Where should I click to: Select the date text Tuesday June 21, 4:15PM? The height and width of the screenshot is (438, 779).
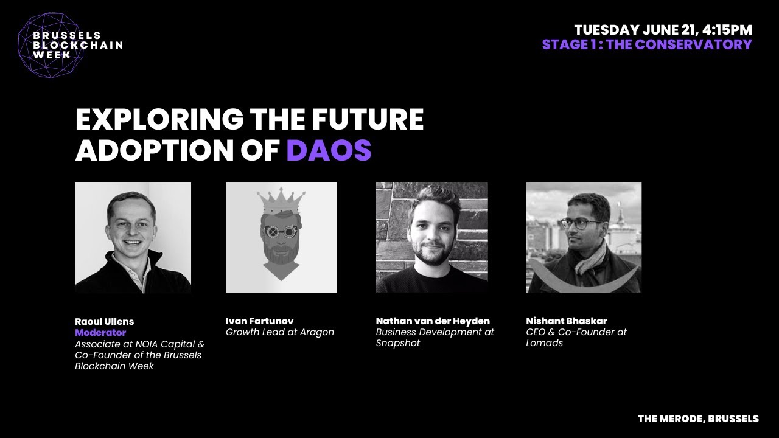pyautogui.click(x=663, y=30)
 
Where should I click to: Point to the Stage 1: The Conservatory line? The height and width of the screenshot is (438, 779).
pyautogui.click(x=647, y=44)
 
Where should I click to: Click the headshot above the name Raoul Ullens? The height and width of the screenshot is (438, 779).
pyautogui.click(x=133, y=237)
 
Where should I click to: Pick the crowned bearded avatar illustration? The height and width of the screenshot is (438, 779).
pyautogui.click(x=281, y=237)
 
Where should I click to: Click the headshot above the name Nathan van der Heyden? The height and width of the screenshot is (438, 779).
pyautogui.click(x=431, y=237)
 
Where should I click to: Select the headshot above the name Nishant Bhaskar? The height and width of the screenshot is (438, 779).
pyautogui.click(x=584, y=237)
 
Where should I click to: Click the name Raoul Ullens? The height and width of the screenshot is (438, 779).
pyautogui.click(x=104, y=321)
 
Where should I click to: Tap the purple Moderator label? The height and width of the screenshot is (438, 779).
pyautogui.click(x=100, y=333)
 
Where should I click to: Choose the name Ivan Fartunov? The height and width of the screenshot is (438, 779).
pyautogui.click(x=259, y=321)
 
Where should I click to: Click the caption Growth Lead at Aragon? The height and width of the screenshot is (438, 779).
pyautogui.click(x=279, y=332)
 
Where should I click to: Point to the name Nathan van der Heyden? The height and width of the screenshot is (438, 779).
pyautogui.click(x=433, y=321)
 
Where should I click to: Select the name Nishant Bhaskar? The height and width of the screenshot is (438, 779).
pyautogui.click(x=566, y=321)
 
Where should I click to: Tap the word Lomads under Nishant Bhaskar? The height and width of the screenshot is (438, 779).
pyautogui.click(x=545, y=343)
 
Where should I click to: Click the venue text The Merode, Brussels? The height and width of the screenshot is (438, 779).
pyautogui.click(x=698, y=419)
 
